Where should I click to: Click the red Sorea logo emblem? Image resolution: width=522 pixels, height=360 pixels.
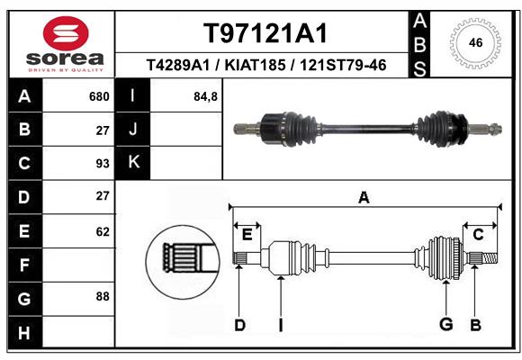(x=66, y=33)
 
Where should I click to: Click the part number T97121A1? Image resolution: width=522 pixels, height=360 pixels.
(x=265, y=33)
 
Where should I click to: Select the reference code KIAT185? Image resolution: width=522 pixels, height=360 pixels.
(x=255, y=65)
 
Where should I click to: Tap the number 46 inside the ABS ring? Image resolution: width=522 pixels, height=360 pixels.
(x=475, y=42)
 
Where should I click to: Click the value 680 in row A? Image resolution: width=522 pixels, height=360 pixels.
(x=99, y=96)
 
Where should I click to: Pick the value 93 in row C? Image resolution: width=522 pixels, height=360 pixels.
(x=103, y=164)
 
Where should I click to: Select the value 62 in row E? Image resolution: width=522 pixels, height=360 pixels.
(x=103, y=231)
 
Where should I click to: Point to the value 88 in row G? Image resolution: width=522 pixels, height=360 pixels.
(x=103, y=296)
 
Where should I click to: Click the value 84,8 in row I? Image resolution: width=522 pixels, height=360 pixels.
(x=205, y=96)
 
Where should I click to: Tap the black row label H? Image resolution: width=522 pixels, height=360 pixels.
(x=25, y=332)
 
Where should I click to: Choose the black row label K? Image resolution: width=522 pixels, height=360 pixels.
(x=133, y=162)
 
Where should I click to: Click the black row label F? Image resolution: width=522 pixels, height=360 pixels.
(x=25, y=265)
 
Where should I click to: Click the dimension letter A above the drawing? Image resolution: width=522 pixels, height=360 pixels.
(x=364, y=198)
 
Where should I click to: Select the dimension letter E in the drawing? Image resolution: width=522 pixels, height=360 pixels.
(x=247, y=235)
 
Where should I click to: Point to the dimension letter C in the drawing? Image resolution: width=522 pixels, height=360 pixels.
(x=478, y=235)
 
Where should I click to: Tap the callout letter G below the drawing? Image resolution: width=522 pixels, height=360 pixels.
(x=446, y=324)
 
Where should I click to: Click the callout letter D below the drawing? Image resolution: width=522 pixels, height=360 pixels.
(x=239, y=325)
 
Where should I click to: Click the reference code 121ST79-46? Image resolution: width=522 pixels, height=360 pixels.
(x=343, y=65)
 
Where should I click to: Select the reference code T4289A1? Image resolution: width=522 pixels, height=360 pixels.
(x=178, y=65)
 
